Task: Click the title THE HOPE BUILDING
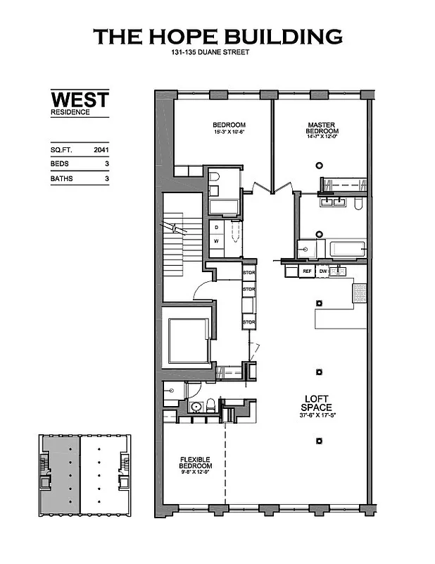tap(217, 37)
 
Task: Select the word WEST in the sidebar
tap(80, 99)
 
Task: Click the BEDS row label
tap(60, 164)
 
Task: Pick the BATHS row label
tap(61, 179)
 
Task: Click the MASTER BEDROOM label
tap(322, 128)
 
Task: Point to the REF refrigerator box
tap(307, 271)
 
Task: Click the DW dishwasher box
tap(323, 271)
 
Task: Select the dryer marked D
tap(217, 228)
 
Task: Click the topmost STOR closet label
tap(248, 272)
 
